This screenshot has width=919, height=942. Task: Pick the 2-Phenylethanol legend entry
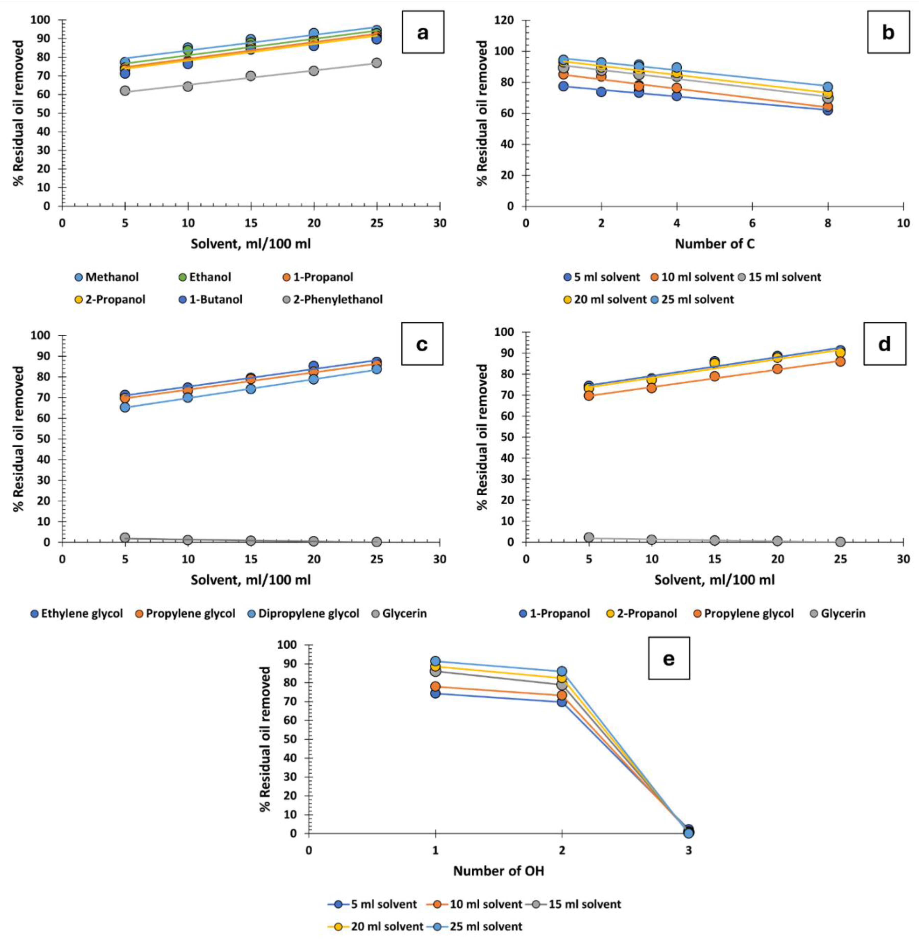coord(338,299)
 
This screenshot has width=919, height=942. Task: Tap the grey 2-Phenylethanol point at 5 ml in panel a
coord(125,91)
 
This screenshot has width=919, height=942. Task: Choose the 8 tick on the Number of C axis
coord(828,223)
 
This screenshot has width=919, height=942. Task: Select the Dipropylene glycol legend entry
coord(309,613)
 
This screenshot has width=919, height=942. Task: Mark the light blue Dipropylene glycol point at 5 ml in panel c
coord(125,407)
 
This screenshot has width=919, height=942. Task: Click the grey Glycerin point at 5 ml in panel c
coord(125,537)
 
